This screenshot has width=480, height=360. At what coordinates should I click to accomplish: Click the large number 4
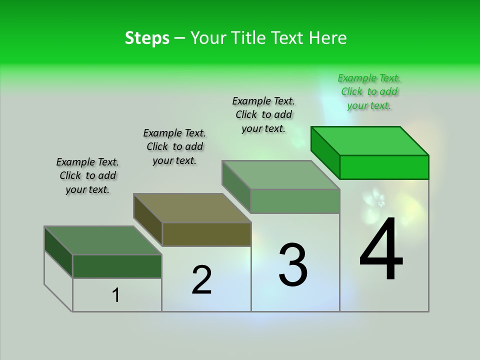[381, 249]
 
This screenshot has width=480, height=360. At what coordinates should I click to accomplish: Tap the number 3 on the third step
[293, 264]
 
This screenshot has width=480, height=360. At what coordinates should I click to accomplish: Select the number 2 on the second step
[201, 280]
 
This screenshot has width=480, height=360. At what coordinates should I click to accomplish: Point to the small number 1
[116, 295]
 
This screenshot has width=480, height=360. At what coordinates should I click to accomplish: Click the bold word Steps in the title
[147, 38]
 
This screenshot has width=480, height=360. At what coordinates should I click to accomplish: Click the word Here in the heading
[328, 38]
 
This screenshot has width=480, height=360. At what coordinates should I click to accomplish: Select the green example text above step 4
[369, 92]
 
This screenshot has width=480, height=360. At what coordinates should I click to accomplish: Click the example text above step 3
[263, 114]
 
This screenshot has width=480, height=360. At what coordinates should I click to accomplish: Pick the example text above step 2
[174, 146]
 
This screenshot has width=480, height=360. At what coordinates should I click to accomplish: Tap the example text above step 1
[87, 175]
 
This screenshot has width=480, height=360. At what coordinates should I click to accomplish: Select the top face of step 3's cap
[281, 175]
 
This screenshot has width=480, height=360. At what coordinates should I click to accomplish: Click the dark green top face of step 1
[103, 240]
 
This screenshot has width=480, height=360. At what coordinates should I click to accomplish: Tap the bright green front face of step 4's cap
[384, 167]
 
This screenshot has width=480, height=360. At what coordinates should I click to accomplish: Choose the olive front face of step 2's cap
[206, 234]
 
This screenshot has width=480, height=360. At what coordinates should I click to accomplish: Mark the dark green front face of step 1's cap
[117, 266]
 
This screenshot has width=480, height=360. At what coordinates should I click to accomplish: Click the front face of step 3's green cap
[295, 201]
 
